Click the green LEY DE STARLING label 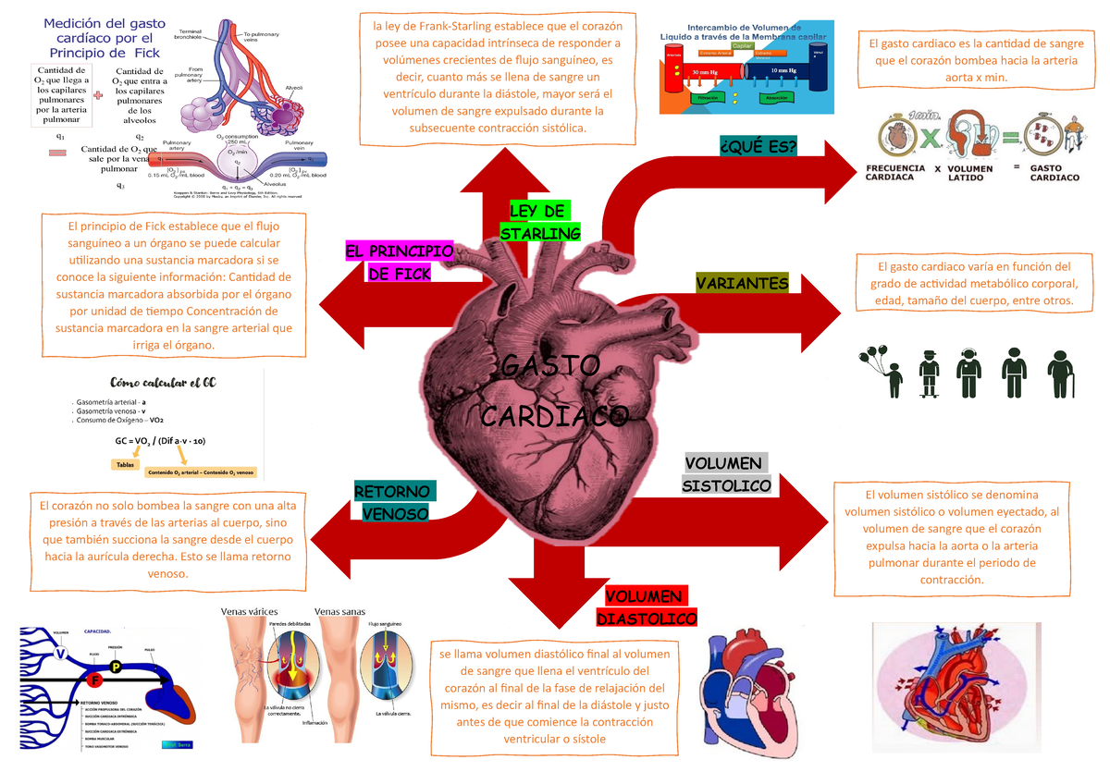[538, 222]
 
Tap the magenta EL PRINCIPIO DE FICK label [399, 263]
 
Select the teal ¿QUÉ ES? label [758, 146]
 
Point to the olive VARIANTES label [742, 284]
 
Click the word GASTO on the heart [549, 365]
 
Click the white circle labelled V [61, 654]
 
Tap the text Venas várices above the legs [249, 611]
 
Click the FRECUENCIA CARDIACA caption [896, 173]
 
